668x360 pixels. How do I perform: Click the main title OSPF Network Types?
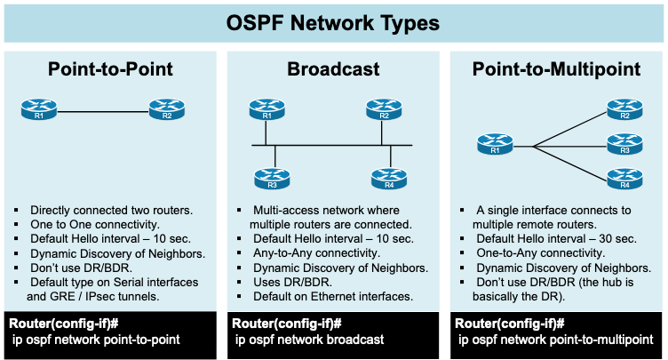(333, 21)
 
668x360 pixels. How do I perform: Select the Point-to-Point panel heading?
(110, 70)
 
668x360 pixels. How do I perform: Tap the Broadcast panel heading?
(333, 70)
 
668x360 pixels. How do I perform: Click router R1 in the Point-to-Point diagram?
(37, 110)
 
